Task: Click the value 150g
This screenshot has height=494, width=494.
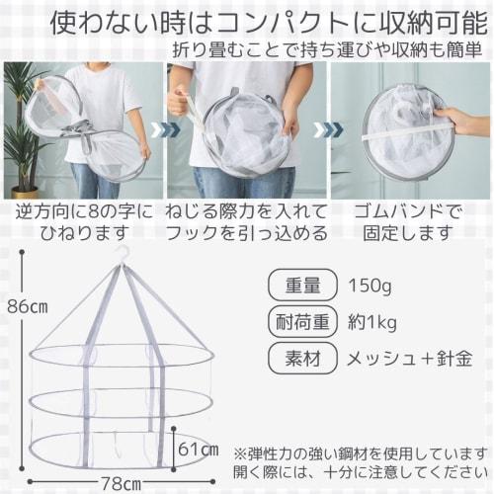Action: pyautogui.click(x=370, y=286)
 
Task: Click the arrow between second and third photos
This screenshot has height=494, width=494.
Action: pyautogui.click(x=322, y=128)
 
